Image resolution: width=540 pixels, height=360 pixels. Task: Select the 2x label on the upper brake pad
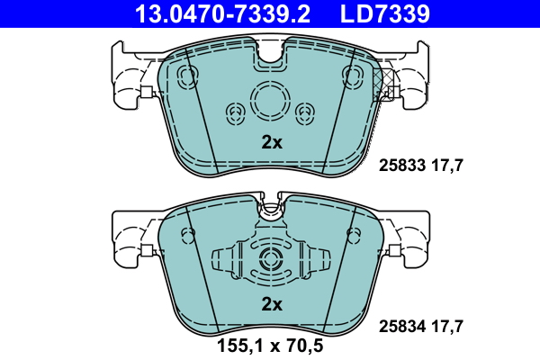click(x=272, y=142)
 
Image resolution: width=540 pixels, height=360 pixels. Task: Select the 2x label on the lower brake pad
click(x=272, y=304)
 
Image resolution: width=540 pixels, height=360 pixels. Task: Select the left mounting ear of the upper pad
click(x=126, y=76)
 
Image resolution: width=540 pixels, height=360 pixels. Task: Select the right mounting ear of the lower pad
click(x=414, y=238)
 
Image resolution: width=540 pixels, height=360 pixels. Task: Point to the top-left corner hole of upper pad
click(x=188, y=74)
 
